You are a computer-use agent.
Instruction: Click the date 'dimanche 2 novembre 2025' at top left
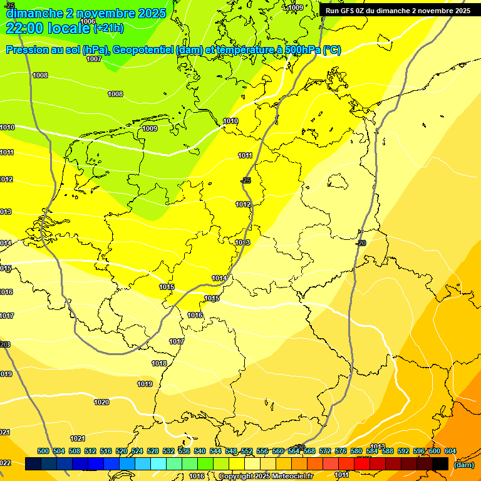point(86,13)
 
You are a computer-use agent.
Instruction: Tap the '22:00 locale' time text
point(49,28)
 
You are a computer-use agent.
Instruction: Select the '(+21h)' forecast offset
point(108,28)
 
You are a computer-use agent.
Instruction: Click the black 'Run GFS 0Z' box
point(398,10)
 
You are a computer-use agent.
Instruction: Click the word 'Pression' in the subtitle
point(28,50)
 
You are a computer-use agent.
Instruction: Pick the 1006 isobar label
point(88,21)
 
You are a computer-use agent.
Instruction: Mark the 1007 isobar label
point(94,59)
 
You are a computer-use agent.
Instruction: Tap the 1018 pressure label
point(159,363)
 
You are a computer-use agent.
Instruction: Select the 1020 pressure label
point(101,402)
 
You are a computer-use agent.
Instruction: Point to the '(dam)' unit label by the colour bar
point(463,465)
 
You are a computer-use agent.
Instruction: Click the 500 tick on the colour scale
point(43,451)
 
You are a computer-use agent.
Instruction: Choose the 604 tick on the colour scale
point(450,451)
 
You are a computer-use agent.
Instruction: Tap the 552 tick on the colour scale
point(247,451)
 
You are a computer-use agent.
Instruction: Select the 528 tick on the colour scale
point(153,451)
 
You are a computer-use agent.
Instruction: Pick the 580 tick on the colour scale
point(356,451)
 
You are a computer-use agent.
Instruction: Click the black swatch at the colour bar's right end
point(440,463)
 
